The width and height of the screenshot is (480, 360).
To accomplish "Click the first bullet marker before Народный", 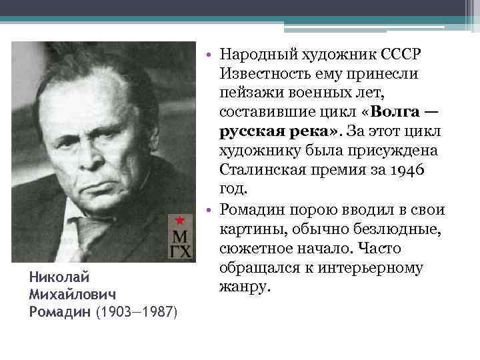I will [209, 54].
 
